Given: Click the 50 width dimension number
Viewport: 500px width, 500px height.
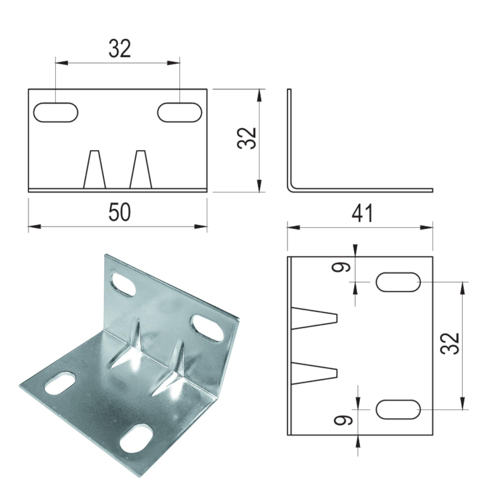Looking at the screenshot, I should click(x=119, y=212).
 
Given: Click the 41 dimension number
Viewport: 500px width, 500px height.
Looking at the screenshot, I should click(x=362, y=213).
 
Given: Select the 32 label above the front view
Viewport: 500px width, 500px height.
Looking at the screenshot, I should click(x=119, y=49).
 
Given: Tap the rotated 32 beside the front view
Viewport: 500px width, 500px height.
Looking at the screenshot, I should click(x=246, y=138).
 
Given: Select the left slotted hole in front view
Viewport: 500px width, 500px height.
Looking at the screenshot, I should click(x=56, y=112).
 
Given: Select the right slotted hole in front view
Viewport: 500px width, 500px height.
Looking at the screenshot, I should click(x=179, y=112).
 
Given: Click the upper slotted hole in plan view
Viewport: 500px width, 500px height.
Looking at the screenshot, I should click(x=398, y=282).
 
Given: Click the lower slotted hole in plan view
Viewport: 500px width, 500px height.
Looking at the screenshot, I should click(x=398, y=409).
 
